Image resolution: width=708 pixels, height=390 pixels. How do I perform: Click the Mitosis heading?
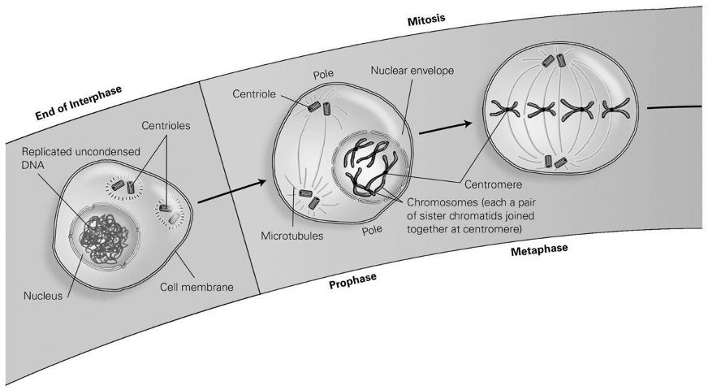[427, 18]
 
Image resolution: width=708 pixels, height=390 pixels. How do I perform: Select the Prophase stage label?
[354, 281]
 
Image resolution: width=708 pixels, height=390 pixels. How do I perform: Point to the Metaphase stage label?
[539, 249]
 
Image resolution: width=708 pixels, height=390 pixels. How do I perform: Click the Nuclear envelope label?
[412, 71]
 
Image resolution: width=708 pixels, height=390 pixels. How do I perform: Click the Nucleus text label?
[41, 296]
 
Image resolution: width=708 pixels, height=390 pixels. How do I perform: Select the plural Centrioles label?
[166, 126]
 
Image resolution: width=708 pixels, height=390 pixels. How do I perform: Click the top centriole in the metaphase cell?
[559, 59]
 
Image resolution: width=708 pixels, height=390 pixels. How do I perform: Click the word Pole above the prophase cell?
[323, 74]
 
